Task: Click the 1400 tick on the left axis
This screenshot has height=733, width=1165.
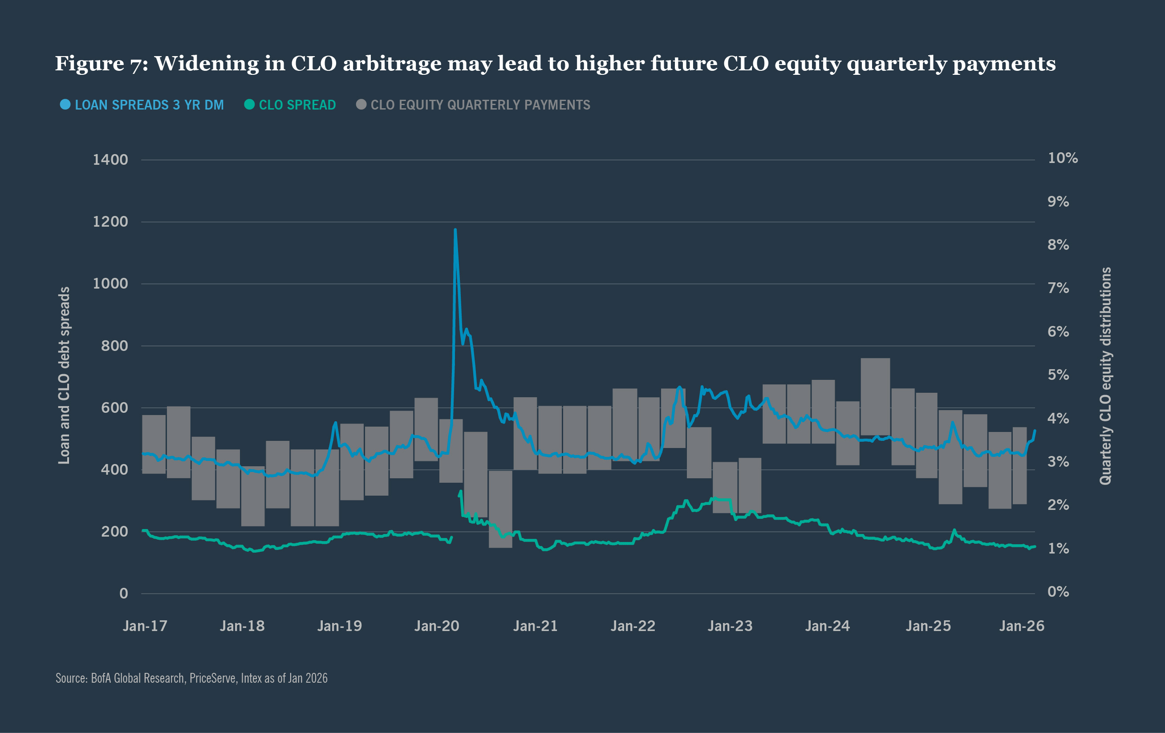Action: point(110,160)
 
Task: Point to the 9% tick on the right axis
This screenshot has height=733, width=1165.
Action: point(1058,201)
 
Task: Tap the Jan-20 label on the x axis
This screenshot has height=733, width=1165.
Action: point(436,626)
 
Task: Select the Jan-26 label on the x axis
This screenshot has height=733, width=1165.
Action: point(1022,626)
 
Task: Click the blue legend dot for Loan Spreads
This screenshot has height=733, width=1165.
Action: point(65,105)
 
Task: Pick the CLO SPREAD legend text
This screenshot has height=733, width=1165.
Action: point(297,105)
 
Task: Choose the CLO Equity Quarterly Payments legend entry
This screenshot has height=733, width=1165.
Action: point(480,105)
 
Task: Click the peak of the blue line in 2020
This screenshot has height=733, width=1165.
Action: point(455,230)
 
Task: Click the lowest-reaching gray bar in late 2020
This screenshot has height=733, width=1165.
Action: point(500,509)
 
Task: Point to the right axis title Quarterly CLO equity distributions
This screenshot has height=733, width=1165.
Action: point(1105,375)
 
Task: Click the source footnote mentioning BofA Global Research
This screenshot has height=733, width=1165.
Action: point(191,678)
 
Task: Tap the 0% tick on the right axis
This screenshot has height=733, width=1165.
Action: point(1058,592)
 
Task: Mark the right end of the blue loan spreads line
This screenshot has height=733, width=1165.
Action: point(1035,430)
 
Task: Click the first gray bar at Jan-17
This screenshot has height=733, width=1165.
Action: point(154,444)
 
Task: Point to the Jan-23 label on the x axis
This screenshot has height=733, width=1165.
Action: point(730,626)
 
